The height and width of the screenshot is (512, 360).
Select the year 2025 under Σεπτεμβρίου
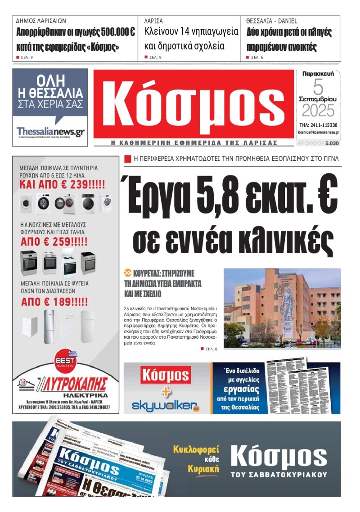[318, 110]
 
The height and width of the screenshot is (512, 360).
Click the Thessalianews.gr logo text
[50, 131]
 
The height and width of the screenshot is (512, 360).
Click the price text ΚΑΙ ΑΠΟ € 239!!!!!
[62, 184]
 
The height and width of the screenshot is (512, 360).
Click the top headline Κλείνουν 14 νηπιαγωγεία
[191, 32]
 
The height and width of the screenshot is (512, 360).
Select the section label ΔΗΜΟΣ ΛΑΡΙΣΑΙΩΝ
[41, 21]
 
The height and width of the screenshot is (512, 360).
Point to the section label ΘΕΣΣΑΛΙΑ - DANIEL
[272, 21]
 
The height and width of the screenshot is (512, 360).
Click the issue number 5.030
[332, 143]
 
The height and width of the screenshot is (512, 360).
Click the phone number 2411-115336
[323, 125]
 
